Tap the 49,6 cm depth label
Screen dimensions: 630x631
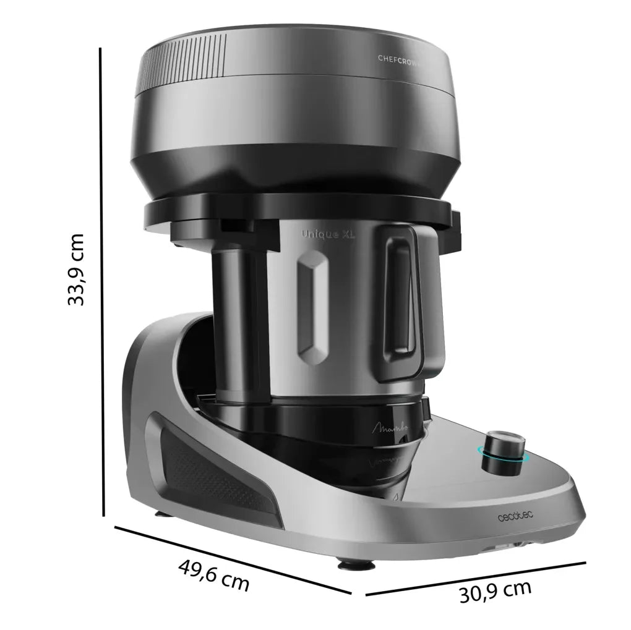(x=213, y=575)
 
